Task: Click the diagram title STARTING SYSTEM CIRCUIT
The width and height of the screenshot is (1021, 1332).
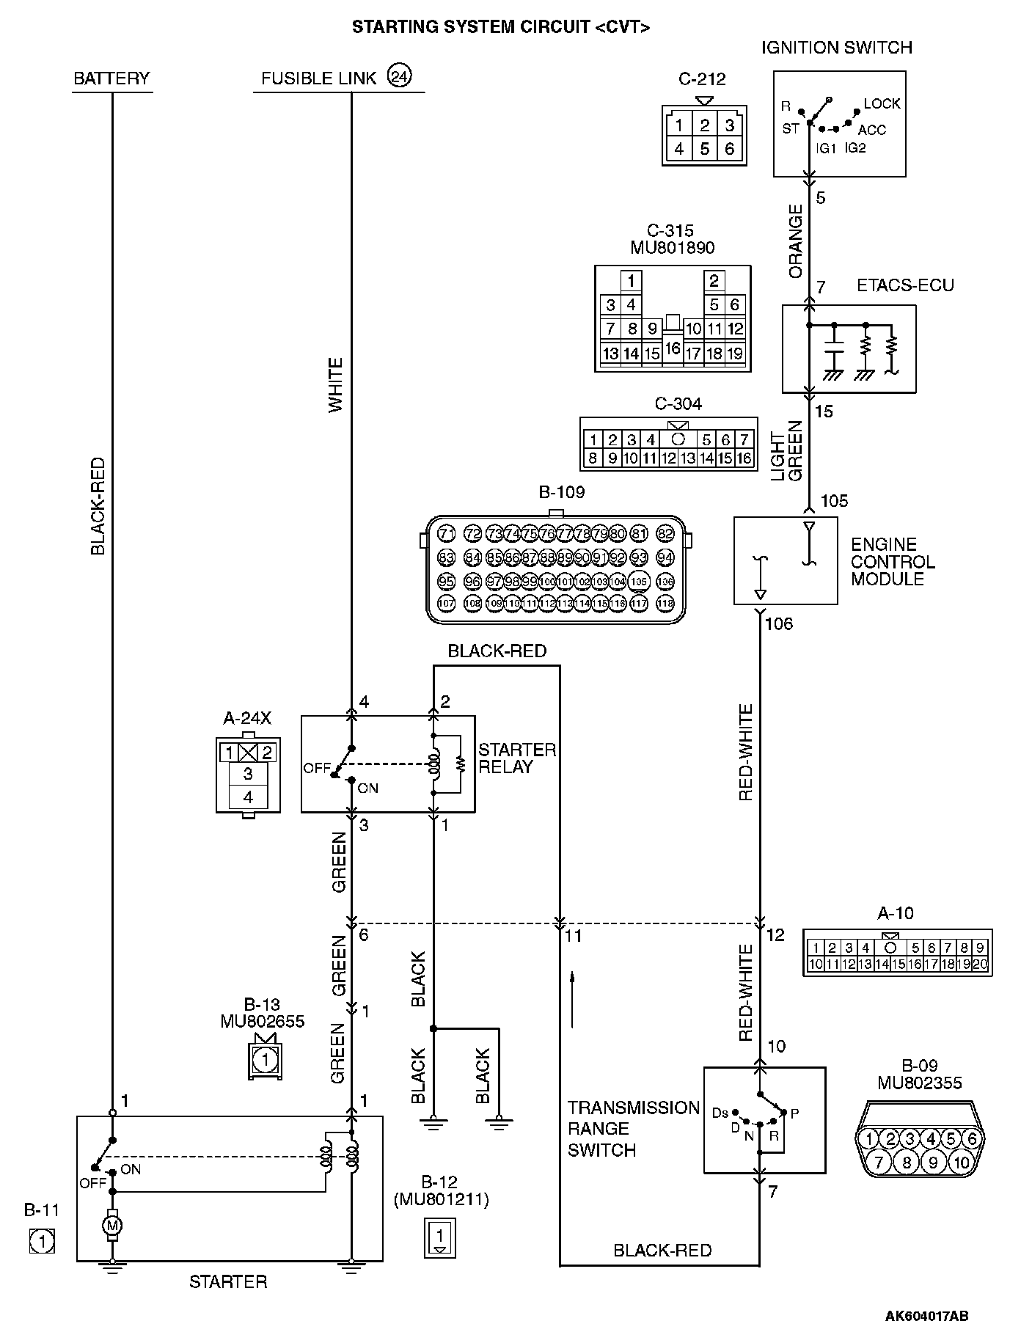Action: (x=501, y=27)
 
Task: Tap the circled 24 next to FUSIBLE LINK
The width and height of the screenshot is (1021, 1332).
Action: (x=400, y=76)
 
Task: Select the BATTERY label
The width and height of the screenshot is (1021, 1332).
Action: (x=111, y=78)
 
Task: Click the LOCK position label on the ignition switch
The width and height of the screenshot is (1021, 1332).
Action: (x=882, y=104)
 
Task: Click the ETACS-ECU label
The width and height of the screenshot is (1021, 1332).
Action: (x=905, y=286)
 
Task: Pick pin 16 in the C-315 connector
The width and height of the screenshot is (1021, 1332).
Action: (x=673, y=349)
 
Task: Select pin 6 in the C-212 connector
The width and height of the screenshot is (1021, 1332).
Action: (x=729, y=149)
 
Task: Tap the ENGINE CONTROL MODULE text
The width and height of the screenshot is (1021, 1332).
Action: (x=893, y=561)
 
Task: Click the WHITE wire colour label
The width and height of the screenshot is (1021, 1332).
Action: (x=336, y=384)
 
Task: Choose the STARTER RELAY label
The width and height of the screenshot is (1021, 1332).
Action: (x=516, y=758)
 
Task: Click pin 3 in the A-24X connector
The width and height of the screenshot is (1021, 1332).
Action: (x=248, y=774)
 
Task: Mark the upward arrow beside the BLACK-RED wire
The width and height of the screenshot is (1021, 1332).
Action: (x=572, y=999)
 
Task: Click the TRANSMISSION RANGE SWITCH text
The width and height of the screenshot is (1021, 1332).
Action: (x=633, y=1129)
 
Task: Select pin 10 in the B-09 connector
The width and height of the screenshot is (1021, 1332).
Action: (x=961, y=1162)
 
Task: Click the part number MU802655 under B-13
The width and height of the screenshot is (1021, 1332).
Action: (x=262, y=1021)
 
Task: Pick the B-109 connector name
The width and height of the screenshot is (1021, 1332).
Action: (x=562, y=492)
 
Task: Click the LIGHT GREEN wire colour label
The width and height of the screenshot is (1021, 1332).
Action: (x=787, y=451)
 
